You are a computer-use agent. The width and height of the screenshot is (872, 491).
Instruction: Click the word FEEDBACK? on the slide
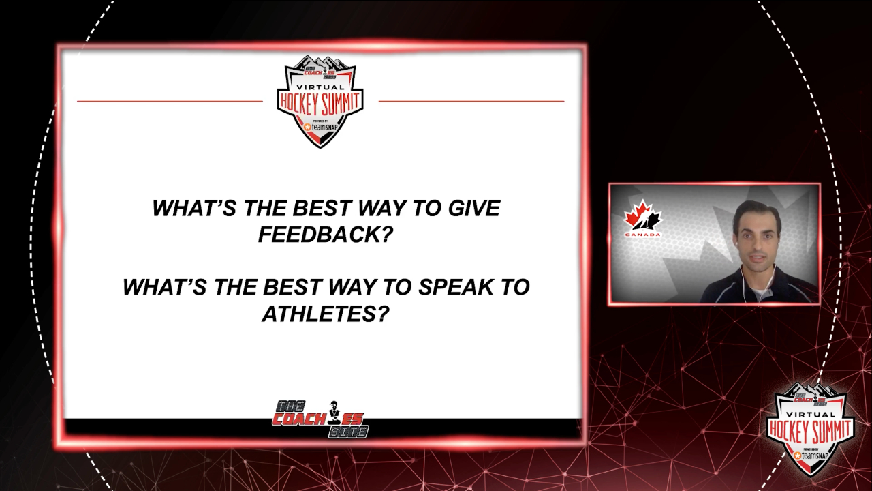324,235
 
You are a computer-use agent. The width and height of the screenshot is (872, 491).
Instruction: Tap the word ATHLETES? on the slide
326,314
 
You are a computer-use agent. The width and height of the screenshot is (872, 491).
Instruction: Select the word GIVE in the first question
473,208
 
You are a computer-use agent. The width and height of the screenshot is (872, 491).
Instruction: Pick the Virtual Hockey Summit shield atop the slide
320,102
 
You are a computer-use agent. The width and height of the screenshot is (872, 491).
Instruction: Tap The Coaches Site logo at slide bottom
320,419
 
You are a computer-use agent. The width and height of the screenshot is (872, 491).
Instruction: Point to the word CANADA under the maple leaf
642,235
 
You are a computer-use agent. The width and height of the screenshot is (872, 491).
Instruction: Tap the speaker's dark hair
756,214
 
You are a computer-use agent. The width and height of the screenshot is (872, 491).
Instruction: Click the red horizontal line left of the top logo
170,102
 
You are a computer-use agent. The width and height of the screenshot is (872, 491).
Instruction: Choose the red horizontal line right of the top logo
471,102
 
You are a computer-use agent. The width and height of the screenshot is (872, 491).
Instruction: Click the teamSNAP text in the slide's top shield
324,127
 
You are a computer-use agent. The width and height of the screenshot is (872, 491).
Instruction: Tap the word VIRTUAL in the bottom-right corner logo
810,415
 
